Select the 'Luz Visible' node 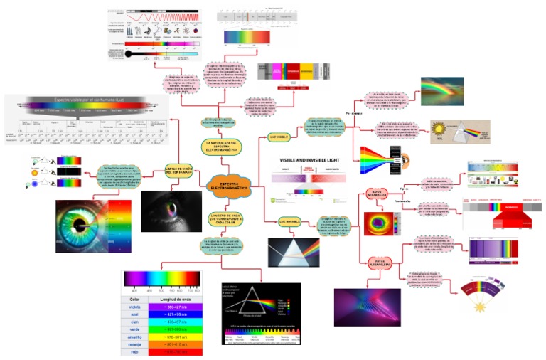point(279,134)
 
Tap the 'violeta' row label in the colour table point(134,307)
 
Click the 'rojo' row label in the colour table point(134,352)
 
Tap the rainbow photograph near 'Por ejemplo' point(441,91)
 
